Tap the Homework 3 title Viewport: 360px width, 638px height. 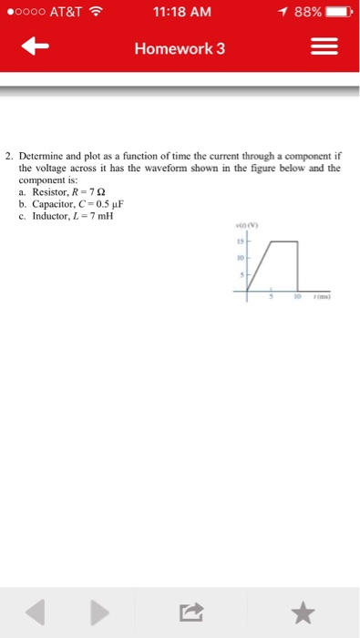click(180, 48)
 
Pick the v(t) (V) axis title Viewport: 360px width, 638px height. click(245, 227)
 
